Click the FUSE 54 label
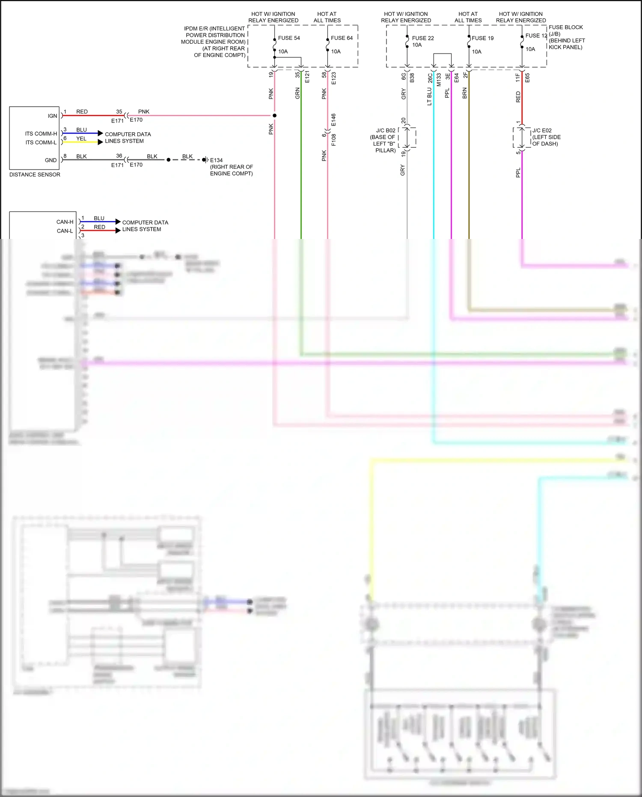(289, 38)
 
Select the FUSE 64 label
(342, 38)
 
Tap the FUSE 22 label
(423, 38)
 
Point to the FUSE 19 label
(482, 38)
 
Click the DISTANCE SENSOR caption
(35, 175)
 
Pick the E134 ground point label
(216, 160)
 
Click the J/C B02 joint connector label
(386, 131)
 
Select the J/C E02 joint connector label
(542, 131)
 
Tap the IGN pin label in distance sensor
(52, 116)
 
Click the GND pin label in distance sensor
(51, 160)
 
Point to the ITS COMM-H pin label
(41, 134)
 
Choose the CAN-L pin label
(65, 231)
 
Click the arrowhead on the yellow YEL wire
(101, 142)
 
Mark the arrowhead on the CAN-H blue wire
(118, 222)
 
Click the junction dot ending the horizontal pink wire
(274, 116)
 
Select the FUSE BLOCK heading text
(565, 27)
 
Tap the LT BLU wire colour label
(429, 96)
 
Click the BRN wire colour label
(465, 93)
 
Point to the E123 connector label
(333, 78)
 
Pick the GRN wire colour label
(297, 93)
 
